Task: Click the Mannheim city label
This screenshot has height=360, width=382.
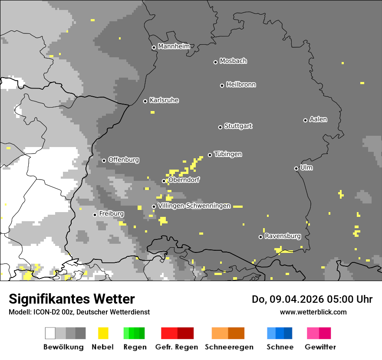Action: (x=174, y=46)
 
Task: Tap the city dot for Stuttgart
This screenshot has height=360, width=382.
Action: (x=220, y=127)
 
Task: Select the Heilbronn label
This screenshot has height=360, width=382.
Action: (x=241, y=85)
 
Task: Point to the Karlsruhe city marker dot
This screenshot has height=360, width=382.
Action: (x=145, y=101)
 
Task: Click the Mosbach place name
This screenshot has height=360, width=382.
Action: (x=233, y=61)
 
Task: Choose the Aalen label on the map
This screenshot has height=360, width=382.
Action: (x=318, y=119)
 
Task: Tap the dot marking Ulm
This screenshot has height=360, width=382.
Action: (x=296, y=168)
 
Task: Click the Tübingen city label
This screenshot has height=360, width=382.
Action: (x=228, y=154)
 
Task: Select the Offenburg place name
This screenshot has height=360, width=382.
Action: (x=124, y=160)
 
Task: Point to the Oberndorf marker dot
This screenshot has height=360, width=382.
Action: (x=164, y=181)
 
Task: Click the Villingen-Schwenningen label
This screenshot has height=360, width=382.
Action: (x=194, y=206)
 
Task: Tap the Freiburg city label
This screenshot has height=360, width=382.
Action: (x=111, y=214)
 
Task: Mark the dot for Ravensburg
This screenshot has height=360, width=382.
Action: (x=260, y=237)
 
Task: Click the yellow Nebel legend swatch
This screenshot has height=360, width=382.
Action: (x=103, y=333)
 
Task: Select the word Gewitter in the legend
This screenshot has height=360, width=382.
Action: (x=320, y=347)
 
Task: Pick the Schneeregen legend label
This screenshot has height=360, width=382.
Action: (x=229, y=347)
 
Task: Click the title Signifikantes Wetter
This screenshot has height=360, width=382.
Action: (x=72, y=299)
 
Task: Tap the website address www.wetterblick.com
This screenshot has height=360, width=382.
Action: (x=313, y=312)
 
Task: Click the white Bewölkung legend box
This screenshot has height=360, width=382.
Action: (x=50, y=333)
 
